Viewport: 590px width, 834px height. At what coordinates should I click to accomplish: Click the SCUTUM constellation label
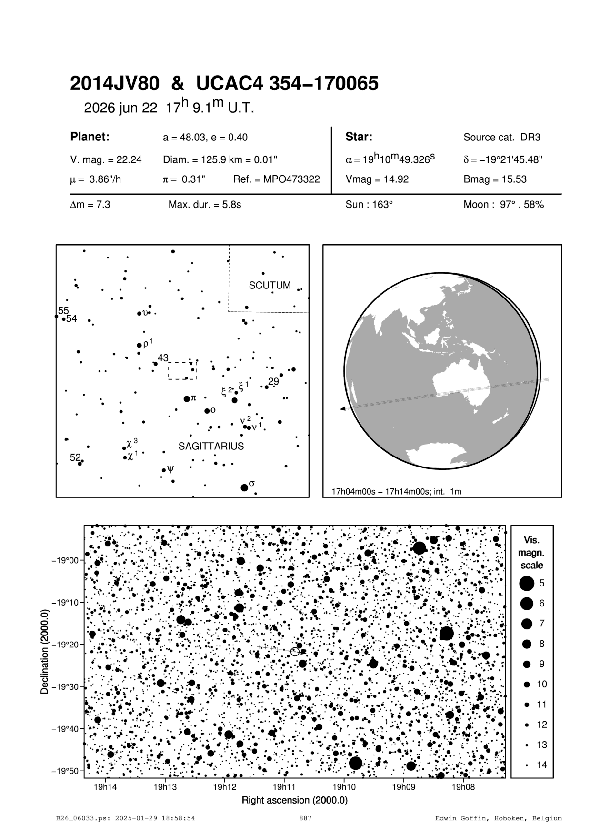[270, 286]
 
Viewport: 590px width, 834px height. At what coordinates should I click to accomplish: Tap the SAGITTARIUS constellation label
[211, 447]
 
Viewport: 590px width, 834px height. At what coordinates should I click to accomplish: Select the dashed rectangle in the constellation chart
[182, 371]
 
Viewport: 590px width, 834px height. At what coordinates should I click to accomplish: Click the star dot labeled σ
[244, 487]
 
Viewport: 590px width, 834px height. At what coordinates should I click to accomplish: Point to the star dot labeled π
[187, 398]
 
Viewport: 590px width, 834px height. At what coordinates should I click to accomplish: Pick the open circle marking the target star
[295, 651]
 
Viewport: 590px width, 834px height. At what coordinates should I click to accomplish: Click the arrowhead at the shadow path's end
[342, 409]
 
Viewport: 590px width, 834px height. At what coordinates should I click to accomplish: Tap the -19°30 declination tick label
[66, 687]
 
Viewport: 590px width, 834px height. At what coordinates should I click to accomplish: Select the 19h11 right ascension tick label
[284, 787]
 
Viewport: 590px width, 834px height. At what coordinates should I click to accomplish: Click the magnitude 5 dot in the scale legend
[527, 583]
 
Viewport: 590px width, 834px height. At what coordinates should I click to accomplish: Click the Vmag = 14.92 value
[377, 179]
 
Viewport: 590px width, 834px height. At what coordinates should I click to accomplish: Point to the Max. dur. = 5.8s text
[205, 205]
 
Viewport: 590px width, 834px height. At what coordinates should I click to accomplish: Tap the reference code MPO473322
[276, 179]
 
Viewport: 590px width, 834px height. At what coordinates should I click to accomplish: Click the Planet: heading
[90, 137]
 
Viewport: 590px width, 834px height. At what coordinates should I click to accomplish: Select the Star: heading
[359, 137]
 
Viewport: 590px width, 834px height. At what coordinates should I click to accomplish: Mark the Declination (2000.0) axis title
[45, 652]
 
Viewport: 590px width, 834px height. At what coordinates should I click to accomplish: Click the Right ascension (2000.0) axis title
[295, 800]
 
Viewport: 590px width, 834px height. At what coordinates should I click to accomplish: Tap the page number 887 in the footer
[305, 819]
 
